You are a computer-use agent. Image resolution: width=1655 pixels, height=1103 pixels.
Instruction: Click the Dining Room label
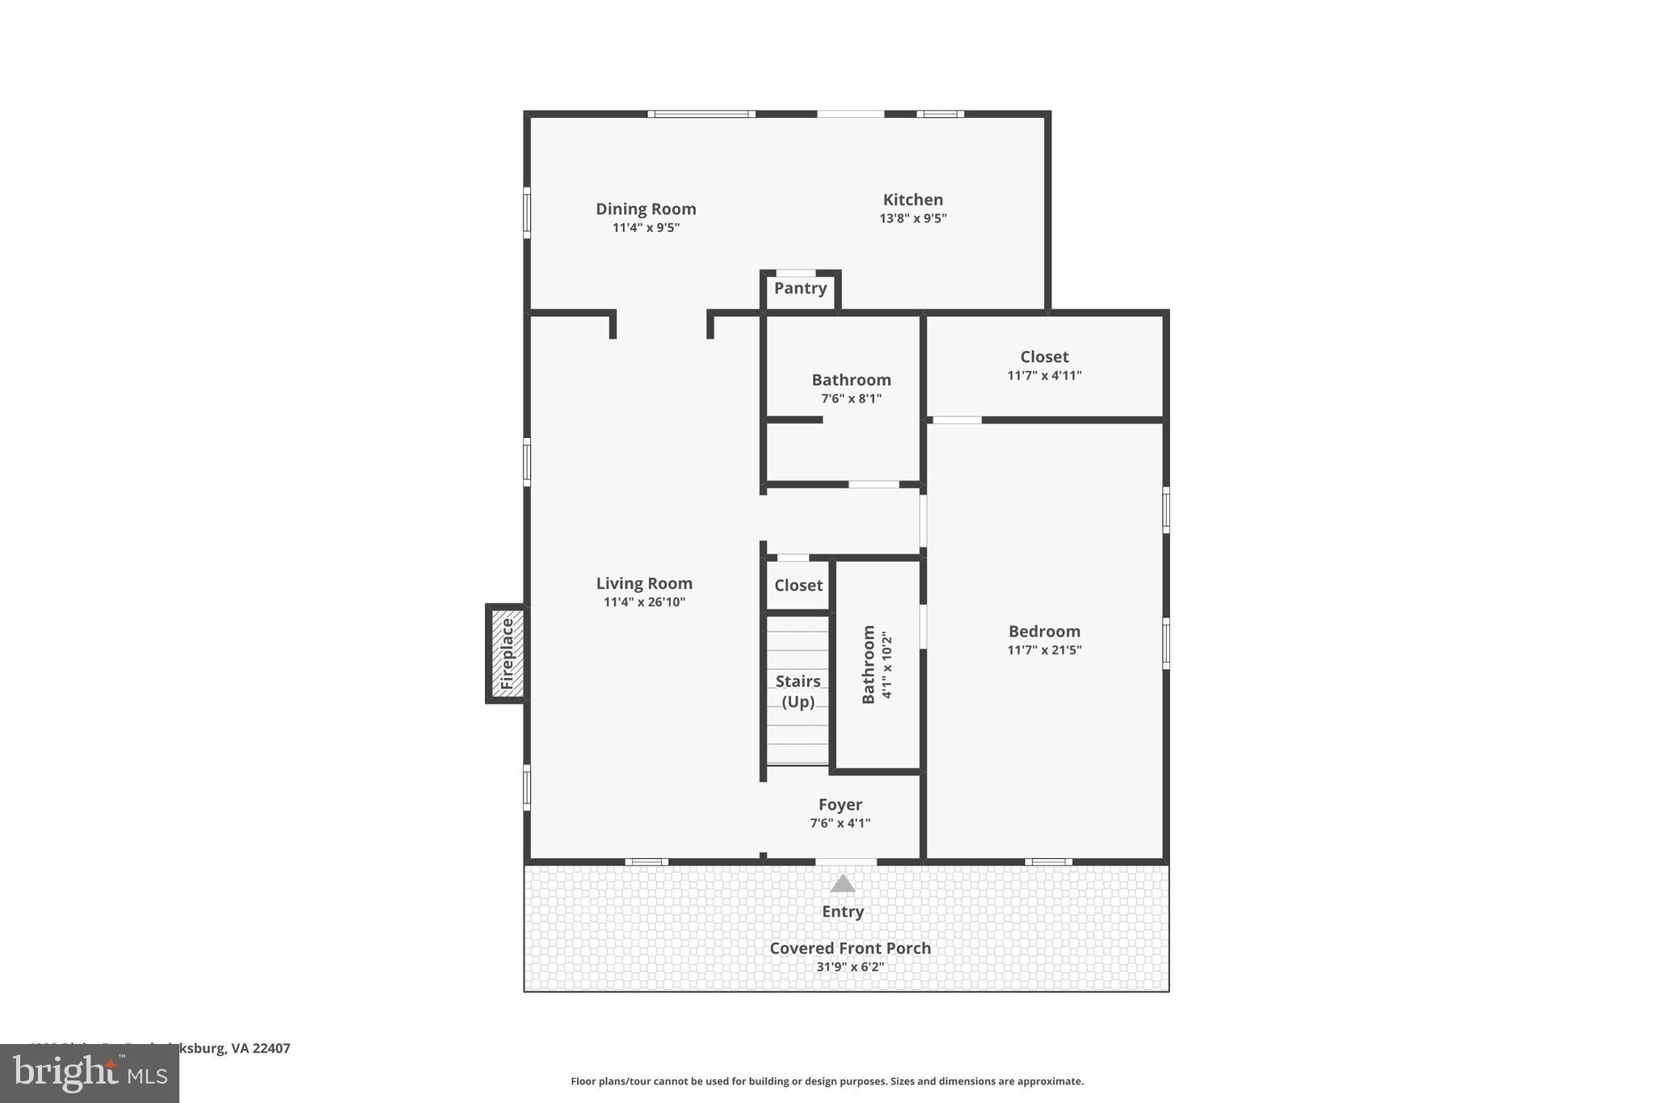pyautogui.click(x=646, y=208)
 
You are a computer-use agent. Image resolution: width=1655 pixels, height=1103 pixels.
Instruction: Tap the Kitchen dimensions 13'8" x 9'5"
pyautogui.click(x=912, y=218)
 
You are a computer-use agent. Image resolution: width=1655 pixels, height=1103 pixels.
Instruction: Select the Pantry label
pyautogui.click(x=800, y=288)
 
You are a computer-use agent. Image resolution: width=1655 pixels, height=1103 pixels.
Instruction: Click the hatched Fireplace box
pyautogui.click(x=507, y=654)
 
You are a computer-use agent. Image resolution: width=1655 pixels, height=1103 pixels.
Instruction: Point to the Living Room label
pyautogui.click(x=644, y=583)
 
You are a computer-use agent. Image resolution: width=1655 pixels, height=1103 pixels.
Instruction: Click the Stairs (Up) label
pyautogui.click(x=798, y=691)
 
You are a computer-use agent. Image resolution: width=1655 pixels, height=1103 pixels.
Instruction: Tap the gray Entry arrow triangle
pyautogui.click(x=842, y=884)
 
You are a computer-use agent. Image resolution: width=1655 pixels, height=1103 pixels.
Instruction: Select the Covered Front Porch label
pyautogui.click(x=849, y=948)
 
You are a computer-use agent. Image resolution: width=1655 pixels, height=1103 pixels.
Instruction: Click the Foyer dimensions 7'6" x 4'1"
pyautogui.click(x=840, y=823)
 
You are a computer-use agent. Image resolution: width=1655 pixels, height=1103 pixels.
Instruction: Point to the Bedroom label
pyautogui.click(x=1044, y=631)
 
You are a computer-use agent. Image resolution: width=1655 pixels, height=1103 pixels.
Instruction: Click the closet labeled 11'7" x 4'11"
pyautogui.click(x=1044, y=365)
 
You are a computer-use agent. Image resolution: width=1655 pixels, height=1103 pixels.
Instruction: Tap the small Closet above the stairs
pyautogui.click(x=798, y=585)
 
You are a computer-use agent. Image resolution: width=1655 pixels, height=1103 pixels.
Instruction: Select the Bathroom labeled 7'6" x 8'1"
pyautogui.click(x=851, y=388)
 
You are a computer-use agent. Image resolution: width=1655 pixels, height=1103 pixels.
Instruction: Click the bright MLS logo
pyautogui.click(x=90, y=1073)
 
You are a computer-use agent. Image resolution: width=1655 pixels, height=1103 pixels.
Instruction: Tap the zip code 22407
pyautogui.click(x=271, y=1048)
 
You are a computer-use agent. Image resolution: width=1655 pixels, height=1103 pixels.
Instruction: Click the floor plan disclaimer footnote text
pyautogui.click(x=827, y=1081)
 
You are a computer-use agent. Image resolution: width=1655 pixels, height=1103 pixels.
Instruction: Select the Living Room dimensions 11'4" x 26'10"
pyautogui.click(x=644, y=602)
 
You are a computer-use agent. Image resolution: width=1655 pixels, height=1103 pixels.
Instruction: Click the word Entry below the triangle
pyautogui.click(x=842, y=911)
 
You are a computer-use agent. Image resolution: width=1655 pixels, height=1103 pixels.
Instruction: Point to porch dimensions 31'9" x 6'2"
pyautogui.click(x=849, y=966)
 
